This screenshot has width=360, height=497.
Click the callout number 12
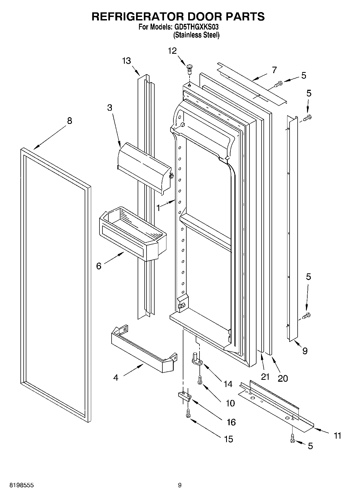pyautogui.click(x=172, y=51)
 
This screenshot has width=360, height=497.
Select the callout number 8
pyautogui.click(x=69, y=121)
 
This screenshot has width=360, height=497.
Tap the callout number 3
pyautogui.click(x=109, y=108)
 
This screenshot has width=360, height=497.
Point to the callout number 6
pyautogui.click(x=99, y=266)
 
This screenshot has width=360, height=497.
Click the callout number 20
pyautogui.click(x=282, y=378)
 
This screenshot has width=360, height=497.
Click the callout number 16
pyautogui.click(x=231, y=422)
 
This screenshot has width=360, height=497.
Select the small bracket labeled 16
pyautogui.click(x=184, y=395)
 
